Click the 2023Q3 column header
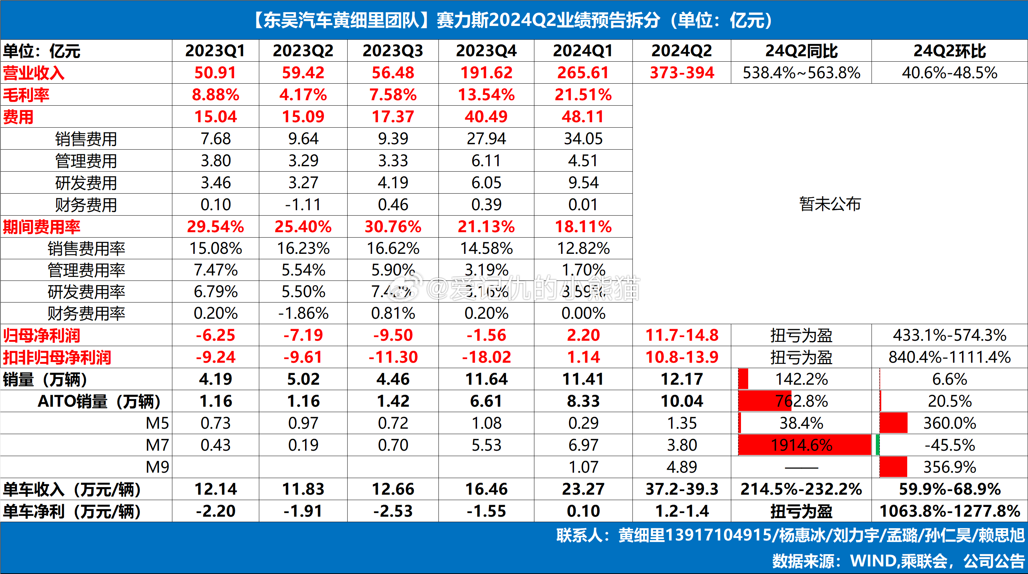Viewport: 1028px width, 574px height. pyautogui.click(x=393, y=51)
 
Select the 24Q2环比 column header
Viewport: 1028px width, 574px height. pyautogui.click(x=949, y=51)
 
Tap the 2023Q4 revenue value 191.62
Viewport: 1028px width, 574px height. pyautogui.click(x=486, y=72)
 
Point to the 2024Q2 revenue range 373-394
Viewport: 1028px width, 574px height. pyautogui.click(x=681, y=72)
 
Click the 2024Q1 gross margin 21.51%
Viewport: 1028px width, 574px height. pyautogui.click(x=583, y=94)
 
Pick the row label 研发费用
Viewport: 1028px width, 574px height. pyautogui.click(x=86, y=183)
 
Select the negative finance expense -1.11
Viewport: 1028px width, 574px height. pyautogui.click(x=303, y=205)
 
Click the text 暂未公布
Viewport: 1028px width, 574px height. pyautogui.click(x=830, y=204)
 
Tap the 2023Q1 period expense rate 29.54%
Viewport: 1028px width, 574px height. pyautogui.click(x=216, y=227)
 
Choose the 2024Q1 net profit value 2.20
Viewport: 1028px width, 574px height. pyautogui.click(x=583, y=335)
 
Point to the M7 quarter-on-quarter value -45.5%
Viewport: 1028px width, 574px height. pyautogui.click(x=949, y=445)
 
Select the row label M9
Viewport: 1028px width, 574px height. pyautogui.click(x=157, y=467)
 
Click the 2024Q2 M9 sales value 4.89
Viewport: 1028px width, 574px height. pyautogui.click(x=681, y=467)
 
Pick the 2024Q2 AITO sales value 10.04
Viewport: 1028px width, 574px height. pyautogui.click(x=681, y=401)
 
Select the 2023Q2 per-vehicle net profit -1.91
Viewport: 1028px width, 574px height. pyautogui.click(x=303, y=511)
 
